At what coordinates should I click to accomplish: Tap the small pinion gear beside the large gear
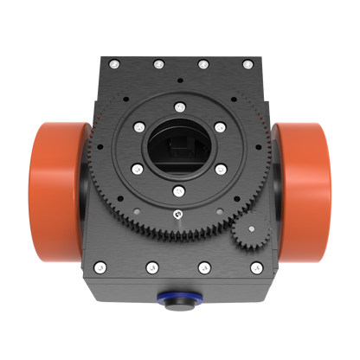252,233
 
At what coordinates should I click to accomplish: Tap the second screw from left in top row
157,63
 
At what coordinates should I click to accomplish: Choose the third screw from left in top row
202,63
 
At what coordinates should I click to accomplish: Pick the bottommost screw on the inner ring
178,190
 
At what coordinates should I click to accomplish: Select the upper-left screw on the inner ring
138,126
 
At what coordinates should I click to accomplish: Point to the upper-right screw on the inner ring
219,126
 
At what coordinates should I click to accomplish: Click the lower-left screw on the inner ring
138,170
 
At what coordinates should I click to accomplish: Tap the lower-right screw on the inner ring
219,170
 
